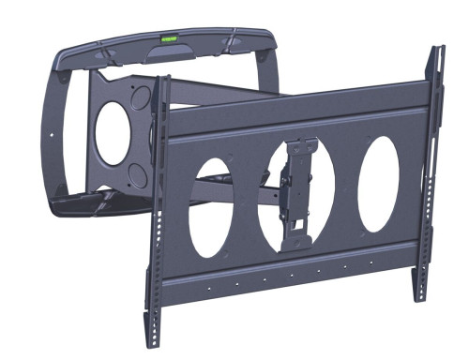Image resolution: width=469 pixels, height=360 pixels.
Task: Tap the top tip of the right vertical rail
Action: click(x=432, y=51)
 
